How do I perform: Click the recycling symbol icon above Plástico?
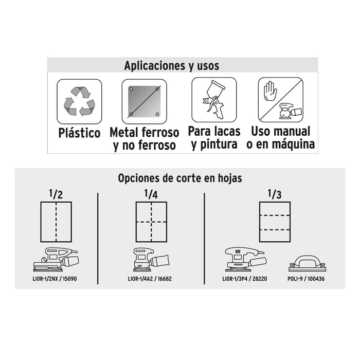79,101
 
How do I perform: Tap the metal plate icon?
144,101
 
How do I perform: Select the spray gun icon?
214,99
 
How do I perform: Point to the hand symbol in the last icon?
271,91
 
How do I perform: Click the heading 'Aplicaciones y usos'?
171,66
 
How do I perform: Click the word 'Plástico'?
79,133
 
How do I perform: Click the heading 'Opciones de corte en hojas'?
180,178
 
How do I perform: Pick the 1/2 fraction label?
56,194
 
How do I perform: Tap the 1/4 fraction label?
151,194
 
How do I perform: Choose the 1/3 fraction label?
275,194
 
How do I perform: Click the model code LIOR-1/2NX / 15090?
55,279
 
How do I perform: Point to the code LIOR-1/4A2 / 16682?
150,279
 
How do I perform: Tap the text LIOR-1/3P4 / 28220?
244,279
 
